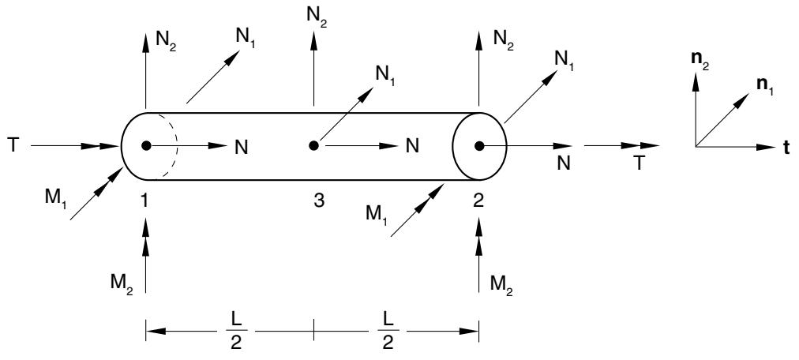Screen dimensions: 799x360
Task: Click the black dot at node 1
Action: pyautogui.click(x=146, y=146)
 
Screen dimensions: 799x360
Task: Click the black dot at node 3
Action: pyautogui.click(x=314, y=146)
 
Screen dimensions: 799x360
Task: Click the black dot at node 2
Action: pyautogui.click(x=479, y=146)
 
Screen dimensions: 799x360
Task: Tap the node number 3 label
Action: pyautogui.click(x=319, y=201)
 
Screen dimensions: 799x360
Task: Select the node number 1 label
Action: pyautogui.click(x=145, y=201)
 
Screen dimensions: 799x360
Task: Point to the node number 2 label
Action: pyautogui.click(x=478, y=201)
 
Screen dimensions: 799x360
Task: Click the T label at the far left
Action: pyautogui.click(x=13, y=145)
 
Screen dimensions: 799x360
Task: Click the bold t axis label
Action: pyautogui.click(x=786, y=148)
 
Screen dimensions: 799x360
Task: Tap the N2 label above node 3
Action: pyautogui.click(x=316, y=16)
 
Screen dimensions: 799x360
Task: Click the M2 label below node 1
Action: pyautogui.click(x=122, y=282)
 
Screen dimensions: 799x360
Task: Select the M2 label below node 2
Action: pyautogui.click(x=501, y=283)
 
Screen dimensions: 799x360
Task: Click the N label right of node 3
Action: pyautogui.click(x=412, y=146)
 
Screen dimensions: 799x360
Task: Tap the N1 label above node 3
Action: pyautogui.click(x=385, y=77)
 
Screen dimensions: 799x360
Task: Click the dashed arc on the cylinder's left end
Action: pyautogui.click(x=171, y=146)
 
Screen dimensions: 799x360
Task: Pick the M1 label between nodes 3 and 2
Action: pyautogui.click(x=377, y=212)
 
